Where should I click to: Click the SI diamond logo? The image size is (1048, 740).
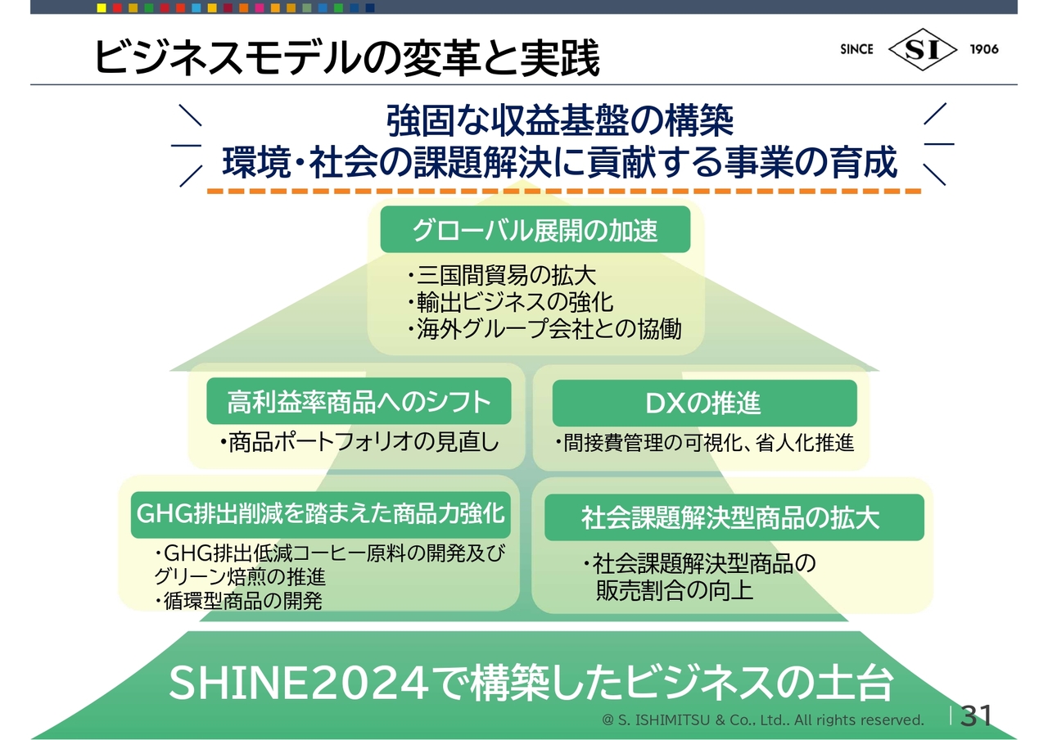coord(922,49)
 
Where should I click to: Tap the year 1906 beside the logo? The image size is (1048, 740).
coord(984,49)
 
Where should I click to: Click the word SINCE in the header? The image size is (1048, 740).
coord(856,49)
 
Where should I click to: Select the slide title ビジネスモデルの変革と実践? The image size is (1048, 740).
coord(346,58)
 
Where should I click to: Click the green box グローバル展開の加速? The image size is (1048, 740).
coord(535,229)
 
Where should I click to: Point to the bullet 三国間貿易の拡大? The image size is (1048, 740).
coord(502,275)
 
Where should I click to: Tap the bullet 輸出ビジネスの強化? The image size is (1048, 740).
coord(510,302)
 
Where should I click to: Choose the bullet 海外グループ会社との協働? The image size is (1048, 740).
coord(544,328)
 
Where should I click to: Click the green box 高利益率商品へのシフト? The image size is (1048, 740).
coord(359,401)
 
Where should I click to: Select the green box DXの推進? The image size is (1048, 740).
coord(705,403)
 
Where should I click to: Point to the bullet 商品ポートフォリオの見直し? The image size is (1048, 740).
coord(359,442)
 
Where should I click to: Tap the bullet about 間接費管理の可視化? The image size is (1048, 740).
coord(705,443)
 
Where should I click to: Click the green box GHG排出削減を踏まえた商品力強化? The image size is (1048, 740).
coord(320,515)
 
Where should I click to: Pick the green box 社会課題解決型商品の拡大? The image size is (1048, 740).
coord(734,517)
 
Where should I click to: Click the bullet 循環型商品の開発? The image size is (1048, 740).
coord(238,601)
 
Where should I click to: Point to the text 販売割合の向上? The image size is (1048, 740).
coord(674,590)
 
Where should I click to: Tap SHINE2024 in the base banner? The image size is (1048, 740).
coord(299,683)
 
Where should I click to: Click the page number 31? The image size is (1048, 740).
coord(976,715)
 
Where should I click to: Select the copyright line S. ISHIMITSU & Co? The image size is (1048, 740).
coord(763,720)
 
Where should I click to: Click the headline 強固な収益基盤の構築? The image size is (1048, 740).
coord(559,120)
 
